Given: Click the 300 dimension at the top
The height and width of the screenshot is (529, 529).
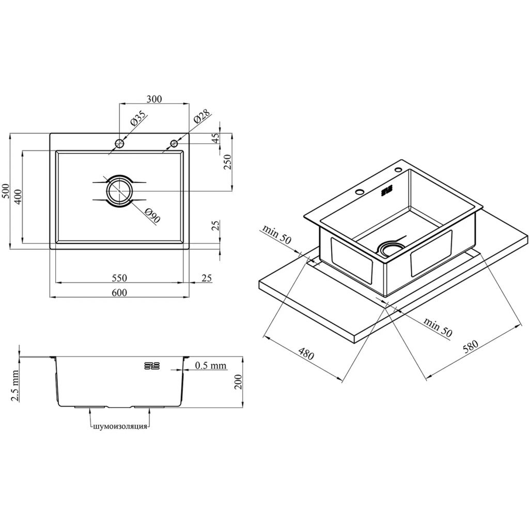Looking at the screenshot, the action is (x=154, y=99).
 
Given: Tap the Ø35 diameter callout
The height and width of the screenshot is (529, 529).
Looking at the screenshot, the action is (x=139, y=118).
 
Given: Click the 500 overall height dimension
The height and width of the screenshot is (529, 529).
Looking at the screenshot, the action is (x=6, y=191).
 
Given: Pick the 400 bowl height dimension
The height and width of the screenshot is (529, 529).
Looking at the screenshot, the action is (x=18, y=197).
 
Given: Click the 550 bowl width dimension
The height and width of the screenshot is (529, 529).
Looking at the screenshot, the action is (x=119, y=277).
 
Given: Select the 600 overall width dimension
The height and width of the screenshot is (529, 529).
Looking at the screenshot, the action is (x=119, y=292).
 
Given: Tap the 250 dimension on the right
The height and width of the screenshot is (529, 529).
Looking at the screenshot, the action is (x=228, y=162).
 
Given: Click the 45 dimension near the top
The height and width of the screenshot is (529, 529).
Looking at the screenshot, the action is (x=216, y=137).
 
